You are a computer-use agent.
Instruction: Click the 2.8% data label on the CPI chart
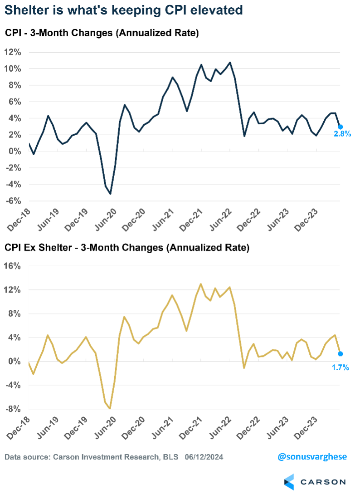(342, 134)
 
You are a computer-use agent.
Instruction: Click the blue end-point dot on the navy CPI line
(341, 127)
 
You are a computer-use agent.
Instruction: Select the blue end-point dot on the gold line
(341, 354)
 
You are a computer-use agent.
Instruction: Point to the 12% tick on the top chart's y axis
(13, 52)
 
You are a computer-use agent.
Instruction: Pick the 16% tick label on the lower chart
(13, 266)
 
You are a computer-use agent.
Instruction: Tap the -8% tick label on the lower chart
(13, 409)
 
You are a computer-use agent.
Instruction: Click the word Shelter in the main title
(28, 10)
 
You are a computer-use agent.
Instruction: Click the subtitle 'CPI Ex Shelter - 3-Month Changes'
(77, 248)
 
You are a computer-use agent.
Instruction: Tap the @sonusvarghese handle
(312, 457)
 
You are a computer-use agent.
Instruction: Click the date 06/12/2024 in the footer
(204, 457)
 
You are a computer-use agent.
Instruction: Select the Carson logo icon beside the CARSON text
(289, 482)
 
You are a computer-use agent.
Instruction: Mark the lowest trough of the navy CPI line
(110, 194)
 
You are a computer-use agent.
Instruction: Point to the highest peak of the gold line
(200, 284)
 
